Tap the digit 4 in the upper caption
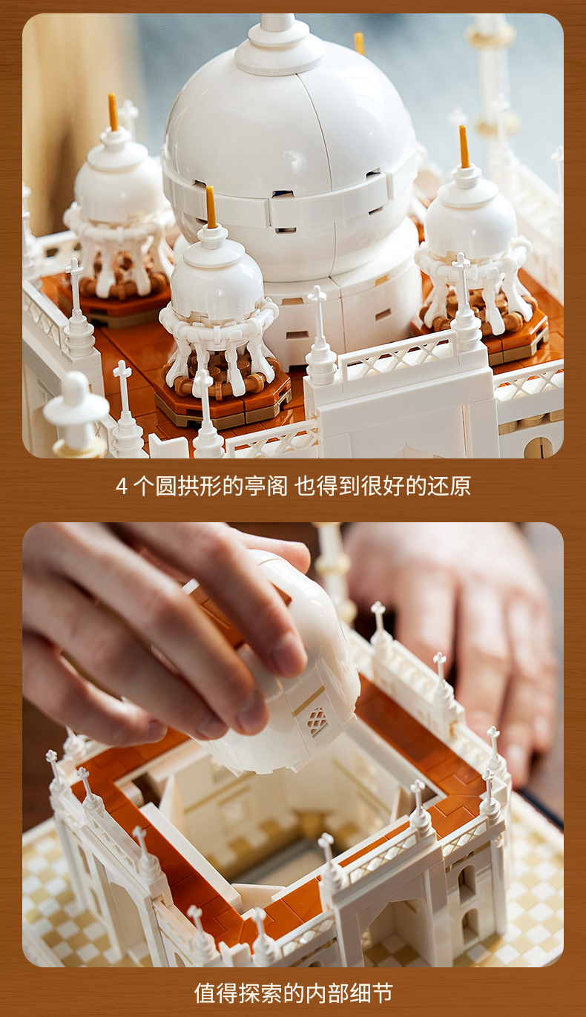[121, 487]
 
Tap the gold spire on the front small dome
[211, 206]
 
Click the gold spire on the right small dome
[464, 147]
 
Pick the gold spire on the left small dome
[113, 112]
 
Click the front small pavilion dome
[217, 272]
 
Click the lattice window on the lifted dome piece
[317, 721]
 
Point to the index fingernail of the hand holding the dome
[287, 654]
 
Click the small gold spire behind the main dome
[360, 44]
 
